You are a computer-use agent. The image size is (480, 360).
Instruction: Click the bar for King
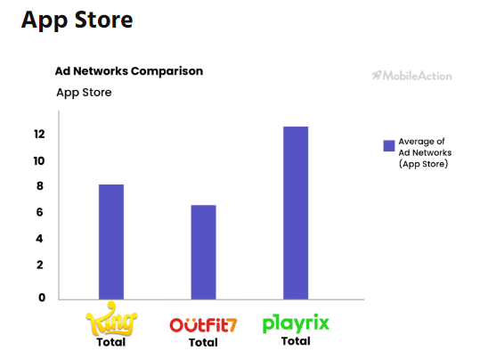coord(111,241)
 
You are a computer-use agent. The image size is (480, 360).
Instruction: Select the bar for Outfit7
coord(203,252)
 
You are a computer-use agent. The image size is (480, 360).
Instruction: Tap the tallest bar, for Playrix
coord(296,213)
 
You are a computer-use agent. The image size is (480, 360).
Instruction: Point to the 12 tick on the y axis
coord(39,135)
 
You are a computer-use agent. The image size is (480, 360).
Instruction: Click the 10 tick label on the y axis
coord(39,161)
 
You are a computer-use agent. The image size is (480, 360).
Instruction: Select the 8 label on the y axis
coord(40,186)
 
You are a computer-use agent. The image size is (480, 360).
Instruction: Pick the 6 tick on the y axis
coord(40,212)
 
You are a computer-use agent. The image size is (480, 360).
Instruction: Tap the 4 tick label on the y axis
coord(40,239)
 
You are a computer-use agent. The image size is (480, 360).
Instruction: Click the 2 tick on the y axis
coord(40,265)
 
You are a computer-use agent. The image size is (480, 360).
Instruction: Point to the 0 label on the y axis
coord(41,298)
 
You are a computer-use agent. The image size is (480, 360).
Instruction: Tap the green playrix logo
coord(296,323)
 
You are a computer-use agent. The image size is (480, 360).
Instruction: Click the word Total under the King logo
coord(111,342)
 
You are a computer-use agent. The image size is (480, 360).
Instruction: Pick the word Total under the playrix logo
coord(296,341)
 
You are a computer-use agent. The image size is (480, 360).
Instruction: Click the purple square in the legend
coord(388,146)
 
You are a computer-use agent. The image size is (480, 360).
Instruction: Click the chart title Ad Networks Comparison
coord(129,70)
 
